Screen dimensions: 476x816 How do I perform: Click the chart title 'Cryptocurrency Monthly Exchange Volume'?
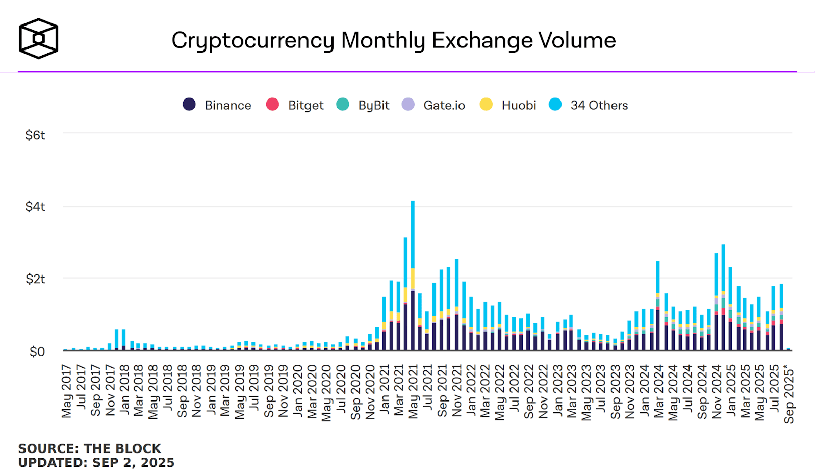393,40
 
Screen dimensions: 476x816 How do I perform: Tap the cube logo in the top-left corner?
38,38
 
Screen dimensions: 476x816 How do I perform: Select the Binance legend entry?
217,105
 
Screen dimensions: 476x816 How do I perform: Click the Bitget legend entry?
295,105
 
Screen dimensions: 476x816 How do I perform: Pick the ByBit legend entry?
363,105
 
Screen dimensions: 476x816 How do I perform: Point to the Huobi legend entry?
508,105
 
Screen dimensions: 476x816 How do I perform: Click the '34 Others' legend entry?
589,105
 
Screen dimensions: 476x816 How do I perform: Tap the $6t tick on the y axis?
35,135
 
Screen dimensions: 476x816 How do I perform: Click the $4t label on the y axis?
35,207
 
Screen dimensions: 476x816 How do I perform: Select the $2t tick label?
35,279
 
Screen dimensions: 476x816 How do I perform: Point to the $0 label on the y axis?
37,352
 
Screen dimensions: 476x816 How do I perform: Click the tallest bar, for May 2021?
413,275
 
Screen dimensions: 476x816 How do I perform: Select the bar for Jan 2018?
124,339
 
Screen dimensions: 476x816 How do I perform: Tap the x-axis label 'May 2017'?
66,391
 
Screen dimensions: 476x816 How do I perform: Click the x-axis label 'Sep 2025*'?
789,394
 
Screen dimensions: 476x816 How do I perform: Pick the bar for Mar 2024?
658,306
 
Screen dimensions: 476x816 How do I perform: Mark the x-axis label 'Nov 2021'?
457,391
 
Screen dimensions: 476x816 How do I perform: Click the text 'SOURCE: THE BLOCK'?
90,448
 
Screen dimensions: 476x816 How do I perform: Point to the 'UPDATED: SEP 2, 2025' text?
96,463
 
